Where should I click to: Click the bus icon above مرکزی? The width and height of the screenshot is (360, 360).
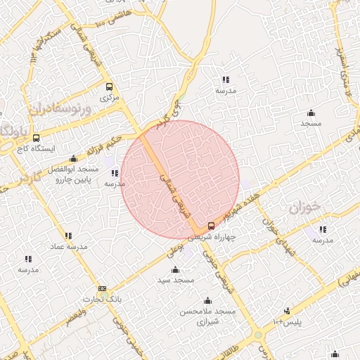pyautogui.click(x=108, y=87)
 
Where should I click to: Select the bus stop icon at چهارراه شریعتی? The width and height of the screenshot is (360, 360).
pyautogui.click(x=212, y=226)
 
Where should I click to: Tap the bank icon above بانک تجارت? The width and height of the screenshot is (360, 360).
pyautogui.click(x=103, y=288)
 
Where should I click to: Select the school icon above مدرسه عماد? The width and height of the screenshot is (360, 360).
pyautogui.click(x=68, y=236)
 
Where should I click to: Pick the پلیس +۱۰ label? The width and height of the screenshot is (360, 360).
pyautogui.click(x=288, y=321)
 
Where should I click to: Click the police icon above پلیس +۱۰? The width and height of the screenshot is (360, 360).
pyautogui.click(x=286, y=311)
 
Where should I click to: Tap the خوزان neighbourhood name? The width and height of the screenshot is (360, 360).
pyautogui.click(x=304, y=210)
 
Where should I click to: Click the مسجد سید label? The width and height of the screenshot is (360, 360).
pyautogui.click(x=176, y=280)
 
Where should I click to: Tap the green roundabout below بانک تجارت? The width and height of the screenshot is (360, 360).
pyautogui.click(x=259, y=335)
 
